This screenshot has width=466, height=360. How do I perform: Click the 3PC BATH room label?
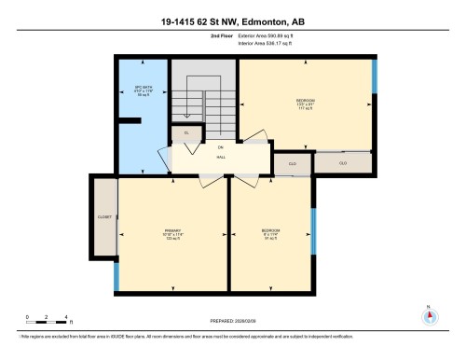(x=143, y=91)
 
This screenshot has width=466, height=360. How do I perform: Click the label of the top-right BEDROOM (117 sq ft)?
(x=305, y=103)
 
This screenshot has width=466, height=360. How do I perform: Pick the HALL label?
(x=222, y=157)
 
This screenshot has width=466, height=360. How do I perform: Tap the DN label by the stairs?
(x=221, y=147)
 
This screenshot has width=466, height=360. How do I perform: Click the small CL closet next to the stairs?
(x=186, y=133)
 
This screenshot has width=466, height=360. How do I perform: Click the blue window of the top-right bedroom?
(x=373, y=76)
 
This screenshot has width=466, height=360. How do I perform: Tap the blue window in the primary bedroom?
(x=116, y=276)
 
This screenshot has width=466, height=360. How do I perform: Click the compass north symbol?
(x=429, y=314)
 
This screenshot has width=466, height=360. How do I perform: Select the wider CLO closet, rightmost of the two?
(x=343, y=162)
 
